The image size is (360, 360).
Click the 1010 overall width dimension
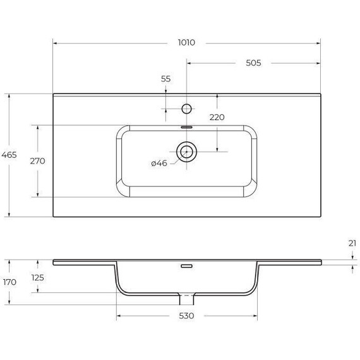(x=186, y=43)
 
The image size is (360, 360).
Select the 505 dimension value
(x=253, y=63)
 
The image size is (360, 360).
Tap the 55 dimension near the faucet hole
(x=165, y=79)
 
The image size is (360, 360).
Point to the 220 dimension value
(x=217, y=117)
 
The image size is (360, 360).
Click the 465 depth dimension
(x=9, y=155)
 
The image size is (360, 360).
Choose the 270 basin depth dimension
(x=37, y=160)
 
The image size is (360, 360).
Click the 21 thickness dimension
(x=352, y=243)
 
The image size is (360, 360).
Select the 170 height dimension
(x=9, y=282)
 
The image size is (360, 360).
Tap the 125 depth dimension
(x=37, y=277)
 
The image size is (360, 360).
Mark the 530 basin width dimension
(x=186, y=315)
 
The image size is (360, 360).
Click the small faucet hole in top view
(x=186, y=109)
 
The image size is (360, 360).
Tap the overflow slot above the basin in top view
(x=186, y=126)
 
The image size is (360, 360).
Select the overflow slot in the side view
(x=186, y=266)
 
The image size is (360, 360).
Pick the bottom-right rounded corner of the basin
(x=251, y=188)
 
